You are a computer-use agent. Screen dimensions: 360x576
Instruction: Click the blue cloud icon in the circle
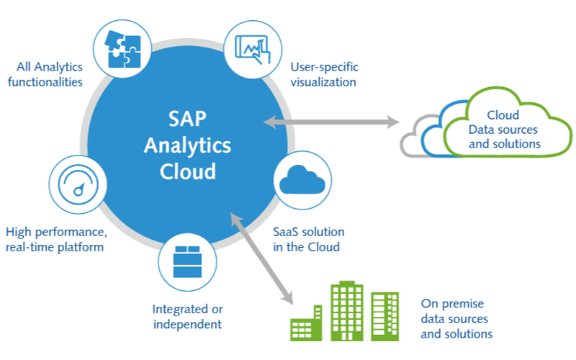(x=303, y=180)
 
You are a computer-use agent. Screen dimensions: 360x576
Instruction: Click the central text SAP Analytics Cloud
(x=187, y=145)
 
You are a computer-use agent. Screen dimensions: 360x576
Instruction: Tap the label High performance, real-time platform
(x=55, y=240)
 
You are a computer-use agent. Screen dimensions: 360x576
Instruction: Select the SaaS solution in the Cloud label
(x=309, y=240)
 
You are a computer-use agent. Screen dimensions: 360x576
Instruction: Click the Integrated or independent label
(x=186, y=316)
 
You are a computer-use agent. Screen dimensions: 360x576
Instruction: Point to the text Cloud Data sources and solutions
(x=504, y=129)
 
